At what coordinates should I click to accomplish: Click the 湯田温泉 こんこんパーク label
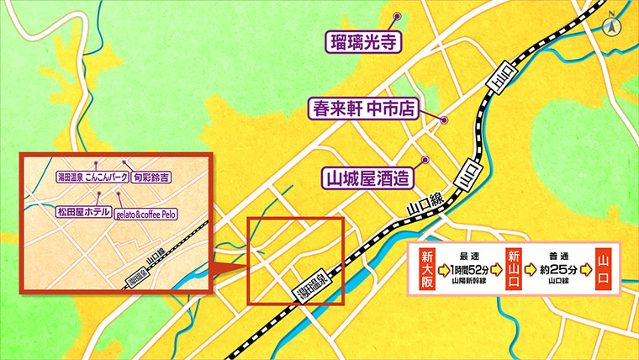(x=91, y=177)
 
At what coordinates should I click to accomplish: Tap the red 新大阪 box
(x=427, y=271)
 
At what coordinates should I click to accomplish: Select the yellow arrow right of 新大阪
(x=444, y=271)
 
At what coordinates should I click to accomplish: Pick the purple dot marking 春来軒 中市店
(x=445, y=119)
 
